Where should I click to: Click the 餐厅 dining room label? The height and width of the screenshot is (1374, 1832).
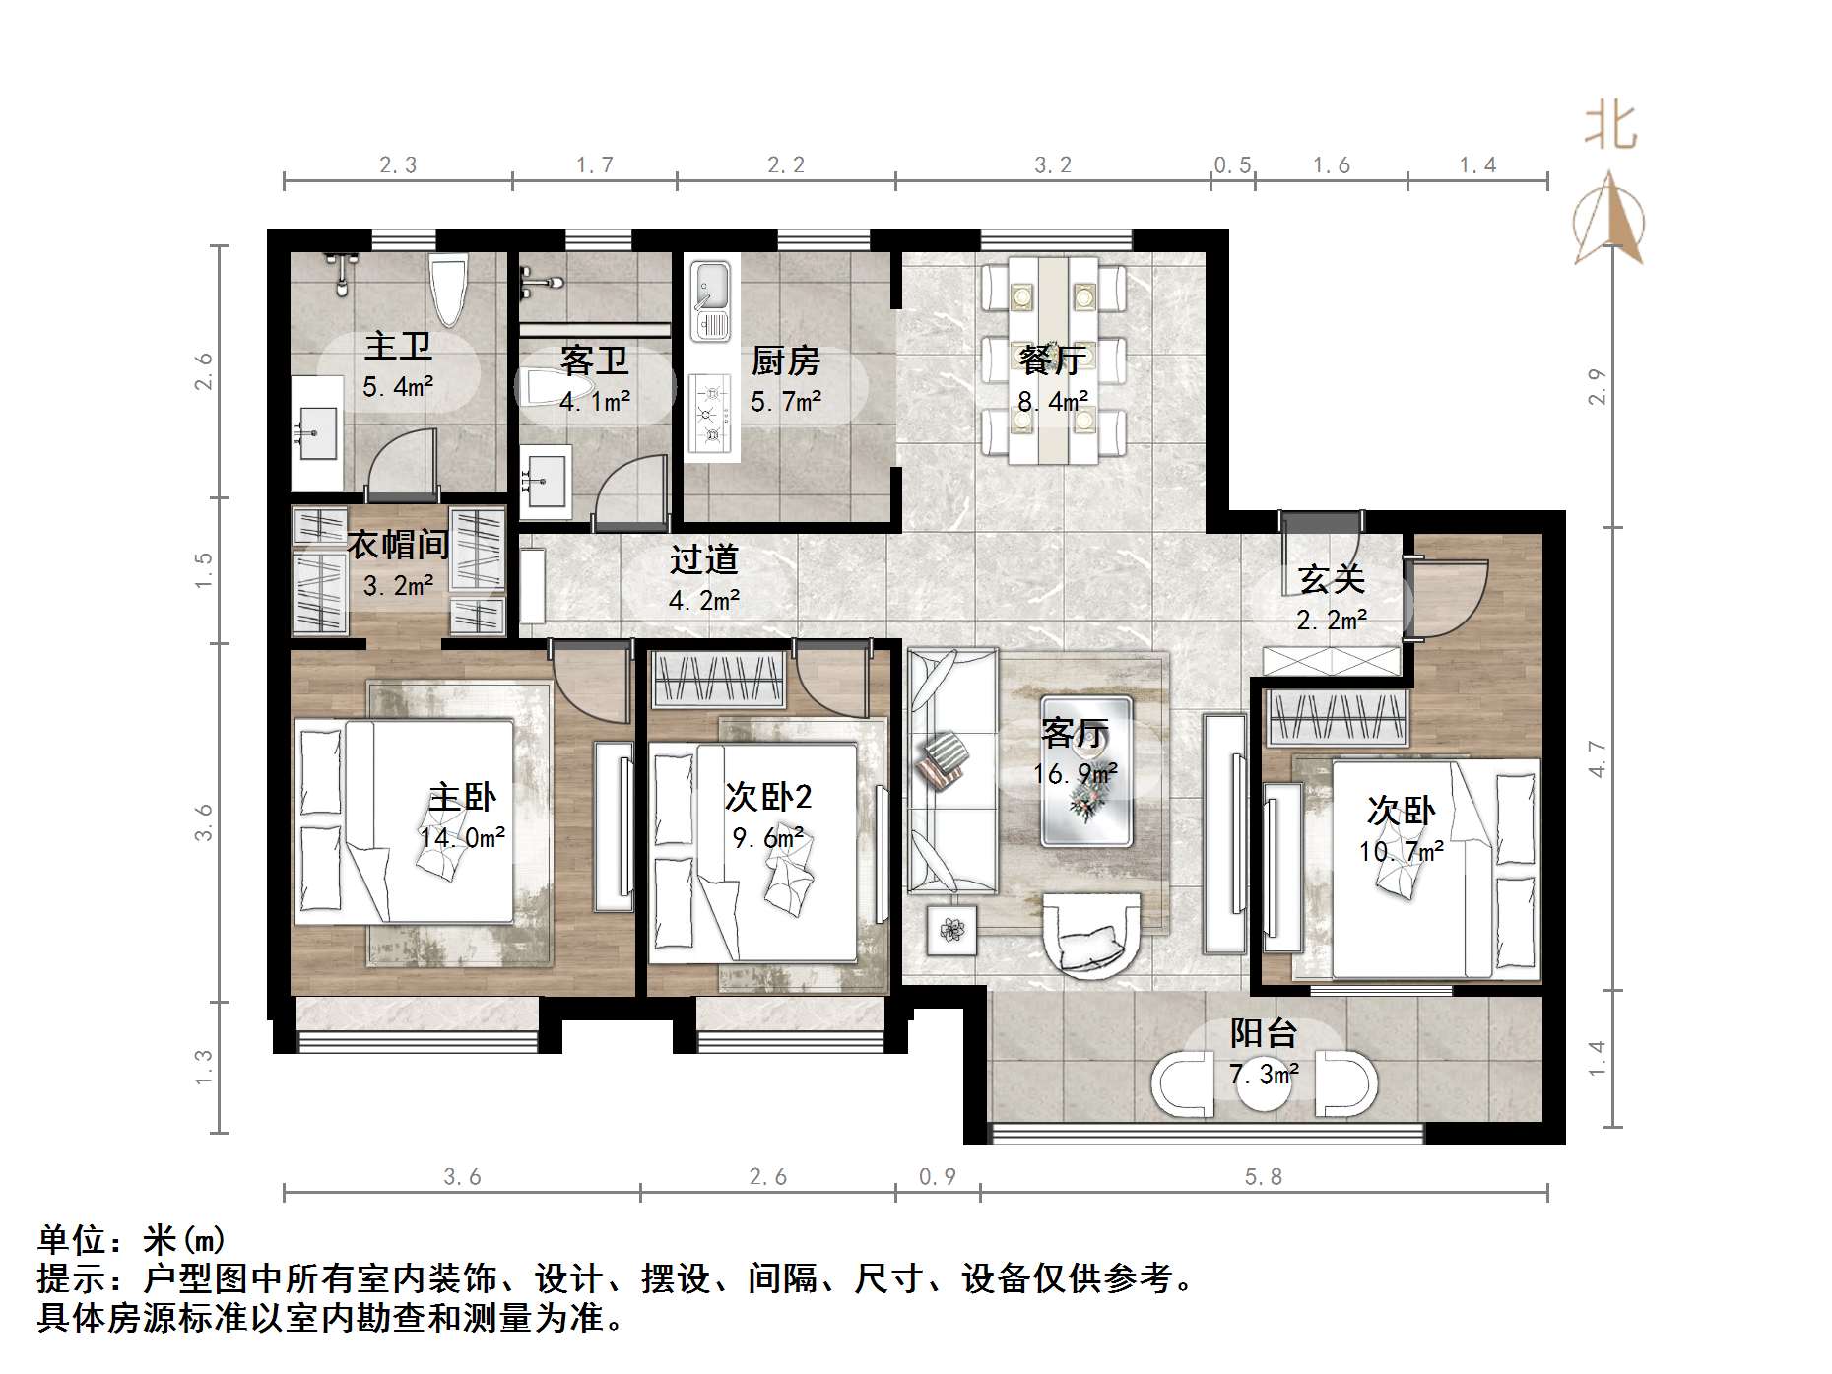pos(1052,360)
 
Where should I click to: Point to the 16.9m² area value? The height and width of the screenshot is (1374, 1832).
pos(1075,774)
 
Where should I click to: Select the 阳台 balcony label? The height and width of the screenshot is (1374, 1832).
pos(1263,1033)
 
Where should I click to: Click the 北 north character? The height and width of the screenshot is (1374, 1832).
pos(1609,128)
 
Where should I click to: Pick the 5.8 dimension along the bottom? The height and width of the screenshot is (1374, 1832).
pos(1264,1176)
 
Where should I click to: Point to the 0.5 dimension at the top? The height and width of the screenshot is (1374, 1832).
pos(1232,165)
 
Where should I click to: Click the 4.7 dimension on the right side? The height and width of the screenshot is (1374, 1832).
pos(1598,759)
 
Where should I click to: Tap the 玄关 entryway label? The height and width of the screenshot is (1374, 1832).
pos(1331,579)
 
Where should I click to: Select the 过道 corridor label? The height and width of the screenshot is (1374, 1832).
pos(703,559)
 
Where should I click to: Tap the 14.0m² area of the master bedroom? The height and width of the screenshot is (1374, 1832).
pos(462,838)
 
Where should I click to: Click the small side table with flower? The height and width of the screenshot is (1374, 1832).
pos(951,930)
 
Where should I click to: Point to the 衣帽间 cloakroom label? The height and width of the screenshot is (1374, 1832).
pos(398,544)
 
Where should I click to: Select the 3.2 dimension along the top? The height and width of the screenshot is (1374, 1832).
pos(1052,165)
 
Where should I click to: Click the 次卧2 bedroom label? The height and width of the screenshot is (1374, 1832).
pos(767,796)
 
